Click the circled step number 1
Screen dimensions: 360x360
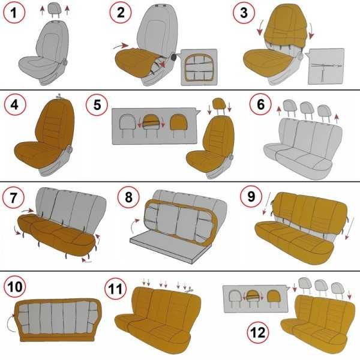point(14,13)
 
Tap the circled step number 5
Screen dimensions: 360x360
point(97,104)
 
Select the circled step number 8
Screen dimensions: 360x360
point(128,197)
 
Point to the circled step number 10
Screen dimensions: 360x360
point(15,287)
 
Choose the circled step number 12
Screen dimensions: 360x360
point(258,332)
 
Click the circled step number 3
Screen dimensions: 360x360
point(244,13)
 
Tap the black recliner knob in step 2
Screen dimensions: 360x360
point(175,57)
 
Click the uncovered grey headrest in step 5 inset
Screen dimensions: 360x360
point(128,125)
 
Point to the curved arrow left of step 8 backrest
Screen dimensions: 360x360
point(134,226)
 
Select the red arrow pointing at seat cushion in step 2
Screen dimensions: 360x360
point(121,46)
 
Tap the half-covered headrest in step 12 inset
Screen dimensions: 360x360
point(253,298)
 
